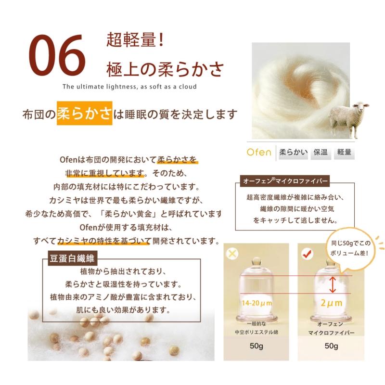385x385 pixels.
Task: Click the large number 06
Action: coord(57,55)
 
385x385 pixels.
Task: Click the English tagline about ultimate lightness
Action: coord(129,87)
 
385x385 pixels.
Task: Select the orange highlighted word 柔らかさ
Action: coord(84,115)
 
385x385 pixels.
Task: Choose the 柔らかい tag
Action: coord(292,153)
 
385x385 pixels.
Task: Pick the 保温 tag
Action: coord(321,153)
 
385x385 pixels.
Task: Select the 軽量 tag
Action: coord(344,153)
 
